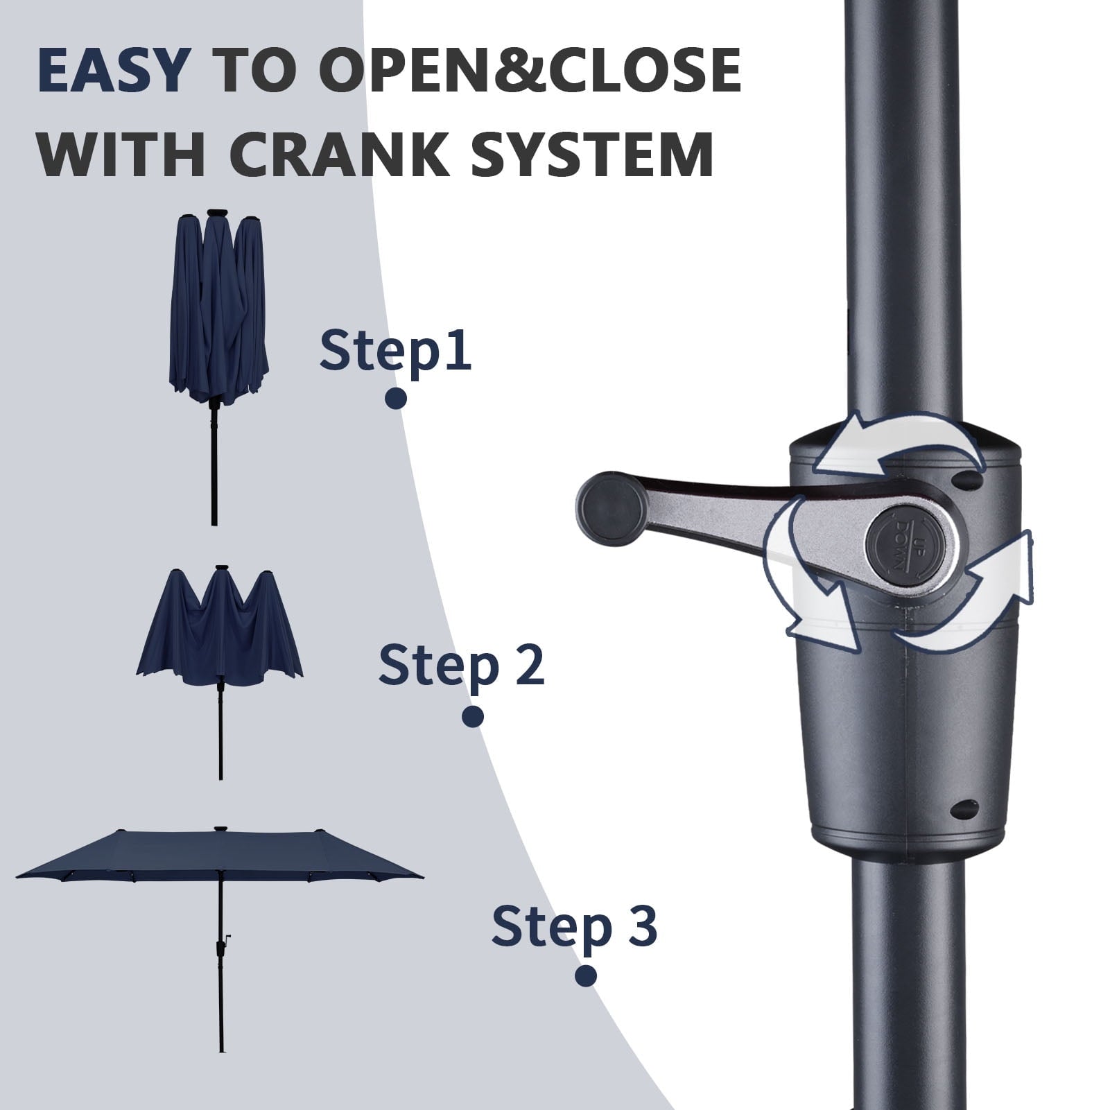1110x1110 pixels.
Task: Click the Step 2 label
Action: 461,664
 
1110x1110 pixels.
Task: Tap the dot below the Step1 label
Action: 396,398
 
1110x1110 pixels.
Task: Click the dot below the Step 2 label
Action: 473,717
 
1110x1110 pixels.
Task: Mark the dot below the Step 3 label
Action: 586,976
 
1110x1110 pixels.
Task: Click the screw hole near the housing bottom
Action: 965,807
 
